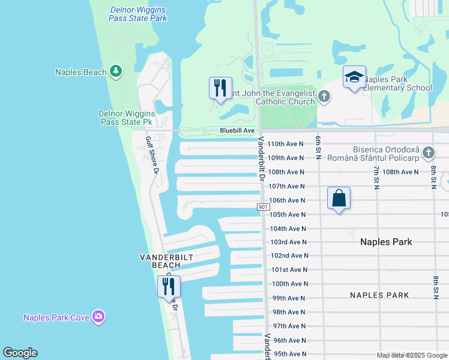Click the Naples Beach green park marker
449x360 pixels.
(x=116, y=72)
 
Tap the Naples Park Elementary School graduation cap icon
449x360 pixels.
(x=354, y=77)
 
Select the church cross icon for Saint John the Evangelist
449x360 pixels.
(x=324, y=96)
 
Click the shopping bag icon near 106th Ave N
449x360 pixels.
(x=339, y=198)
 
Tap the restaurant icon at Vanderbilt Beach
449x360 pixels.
(x=169, y=286)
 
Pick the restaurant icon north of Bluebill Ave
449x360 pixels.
(x=220, y=88)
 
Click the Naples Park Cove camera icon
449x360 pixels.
(x=98, y=317)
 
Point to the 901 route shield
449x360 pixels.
(x=263, y=207)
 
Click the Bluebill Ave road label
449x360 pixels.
(x=237, y=130)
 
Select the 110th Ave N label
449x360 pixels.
(x=287, y=144)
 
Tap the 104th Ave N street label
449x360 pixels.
(x=288, y=229)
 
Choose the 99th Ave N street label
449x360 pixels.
(x=289, y=298)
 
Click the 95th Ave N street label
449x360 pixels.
(x=290, y=354)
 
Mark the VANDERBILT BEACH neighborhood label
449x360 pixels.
(x=160, y=261)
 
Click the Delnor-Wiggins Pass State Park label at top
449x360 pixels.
(x=138, y=14)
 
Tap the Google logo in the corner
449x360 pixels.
(x=20, y=353)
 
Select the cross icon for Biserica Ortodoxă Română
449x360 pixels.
(x=428, y=153)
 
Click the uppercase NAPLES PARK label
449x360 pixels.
(x=379, y=295)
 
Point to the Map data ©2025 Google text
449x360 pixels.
(x=411, y=355)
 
